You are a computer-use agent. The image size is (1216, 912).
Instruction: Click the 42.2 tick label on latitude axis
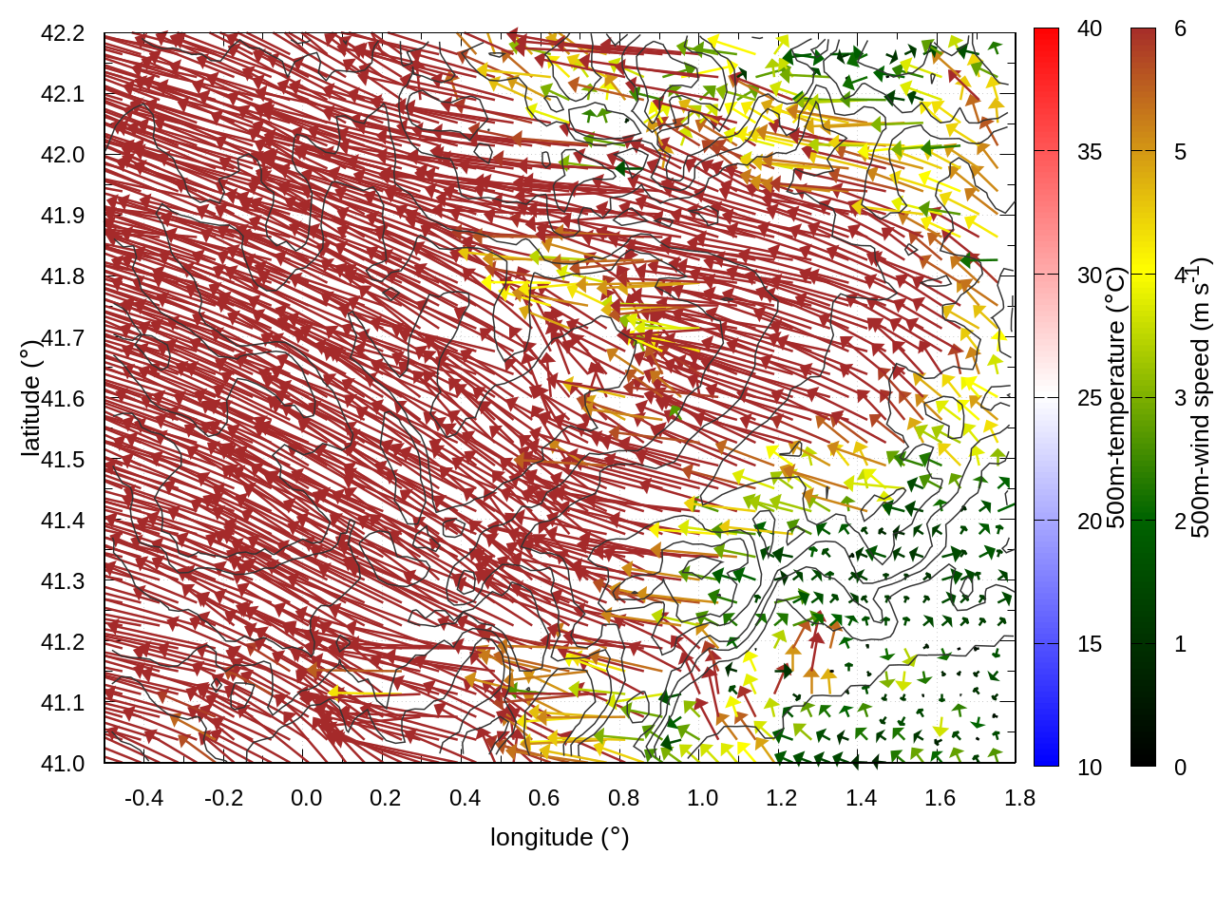pyautogui.click(x=63, y=33)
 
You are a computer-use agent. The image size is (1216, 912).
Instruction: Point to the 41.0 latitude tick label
pyautogui.click(x=63, y=764)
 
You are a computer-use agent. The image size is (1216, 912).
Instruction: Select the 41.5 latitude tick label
pyautogui.click(x=63, y=460)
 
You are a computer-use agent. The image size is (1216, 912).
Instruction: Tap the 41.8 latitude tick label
pyautogui.click(x=63, y=276)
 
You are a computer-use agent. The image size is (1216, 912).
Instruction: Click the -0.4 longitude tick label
pyautogui.click(x=143, y=798)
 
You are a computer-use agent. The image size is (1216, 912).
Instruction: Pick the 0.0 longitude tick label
pyautogui.click(x=306, y=798)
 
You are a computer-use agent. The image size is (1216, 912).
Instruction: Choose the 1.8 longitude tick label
pyautogui.click(x=1019, y=798)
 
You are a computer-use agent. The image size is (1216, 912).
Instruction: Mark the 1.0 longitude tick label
pyautogui.click(x=702, y=798)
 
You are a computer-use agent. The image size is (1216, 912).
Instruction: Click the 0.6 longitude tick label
pyautogui.click(x=543, y=798)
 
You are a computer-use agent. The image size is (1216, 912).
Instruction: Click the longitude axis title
pyautogui.click(x=560, y=837)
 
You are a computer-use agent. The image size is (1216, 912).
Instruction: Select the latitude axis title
pyautogui.click(x=30, y=398)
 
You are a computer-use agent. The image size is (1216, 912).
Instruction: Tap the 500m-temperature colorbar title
pyautogui.click(x=1117, y=398)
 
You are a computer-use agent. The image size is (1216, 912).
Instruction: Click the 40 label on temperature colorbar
pyautogui.click(x=1090, y=29)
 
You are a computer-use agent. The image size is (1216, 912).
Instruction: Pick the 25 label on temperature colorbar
pyautogui.click(x=1090, y=398)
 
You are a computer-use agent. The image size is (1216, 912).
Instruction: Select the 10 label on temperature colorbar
pyautogui.click(x=1090, y=768)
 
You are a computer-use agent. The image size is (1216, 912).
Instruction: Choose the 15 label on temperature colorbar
pyautogui.click(x=1090, y=644)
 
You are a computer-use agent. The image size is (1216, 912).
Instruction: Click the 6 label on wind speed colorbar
pyautogui.click(x=1180, y=29)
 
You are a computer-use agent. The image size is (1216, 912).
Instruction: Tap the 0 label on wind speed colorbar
pyautogui.click(x=1180, y=768)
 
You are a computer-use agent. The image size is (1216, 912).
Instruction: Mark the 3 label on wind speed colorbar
pyautogui.click(x=1180, y=398)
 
